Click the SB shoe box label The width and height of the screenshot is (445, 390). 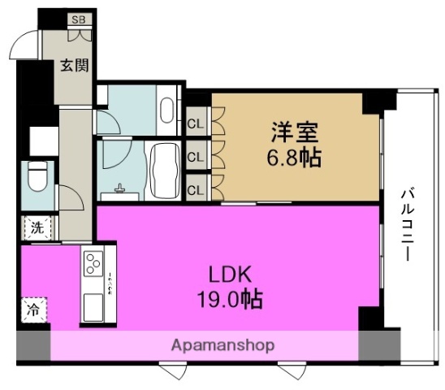(80, 19)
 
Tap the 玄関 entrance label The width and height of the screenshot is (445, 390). (75, 66)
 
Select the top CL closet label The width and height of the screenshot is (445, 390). (196, 123)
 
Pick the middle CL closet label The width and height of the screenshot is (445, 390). (196, 157)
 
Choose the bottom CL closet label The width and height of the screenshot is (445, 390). (196, 190)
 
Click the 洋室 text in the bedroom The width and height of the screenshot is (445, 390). (294, 132)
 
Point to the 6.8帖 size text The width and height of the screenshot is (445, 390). (294, 158)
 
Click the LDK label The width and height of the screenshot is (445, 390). (230, 275)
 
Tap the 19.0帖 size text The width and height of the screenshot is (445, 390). (230, 299)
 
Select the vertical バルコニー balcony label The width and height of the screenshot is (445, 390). (408, 225)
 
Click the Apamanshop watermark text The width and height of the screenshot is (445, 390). (223, 345)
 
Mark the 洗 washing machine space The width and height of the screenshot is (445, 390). (37, 227)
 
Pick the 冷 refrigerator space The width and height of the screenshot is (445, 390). (33, 310)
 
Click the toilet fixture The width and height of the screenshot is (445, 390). (37, 176)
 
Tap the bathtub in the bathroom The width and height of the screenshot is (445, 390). (165, 171)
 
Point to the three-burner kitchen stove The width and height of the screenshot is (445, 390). (93, 263)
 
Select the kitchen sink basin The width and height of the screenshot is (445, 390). (93, 307)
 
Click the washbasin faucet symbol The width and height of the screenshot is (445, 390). (119, 188)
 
